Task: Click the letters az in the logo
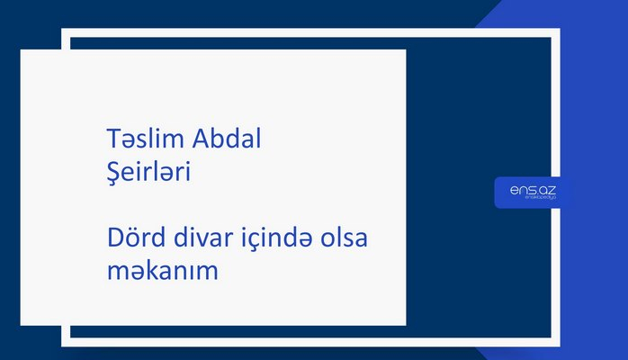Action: click(x=541, y=190)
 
